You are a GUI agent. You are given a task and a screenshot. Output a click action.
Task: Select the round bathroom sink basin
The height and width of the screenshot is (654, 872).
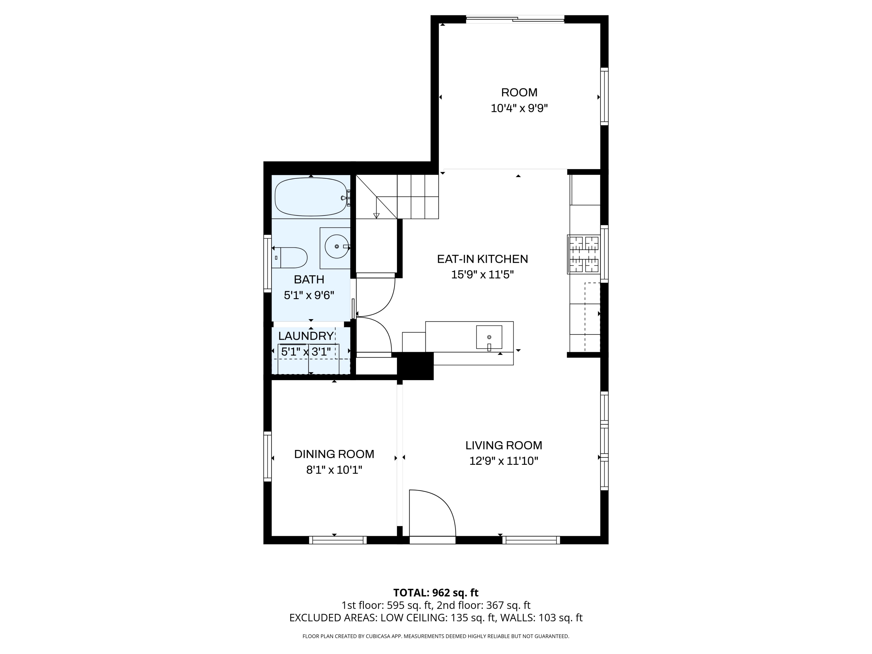click(x=337, y=246)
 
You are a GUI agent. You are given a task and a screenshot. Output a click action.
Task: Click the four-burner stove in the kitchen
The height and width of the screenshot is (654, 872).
click(x=583, y=254)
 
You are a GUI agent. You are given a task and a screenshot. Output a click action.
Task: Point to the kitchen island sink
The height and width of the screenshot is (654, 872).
click(x=489, y=337)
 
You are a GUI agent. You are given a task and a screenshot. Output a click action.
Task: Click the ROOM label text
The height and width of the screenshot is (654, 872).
click(x=519, y=92)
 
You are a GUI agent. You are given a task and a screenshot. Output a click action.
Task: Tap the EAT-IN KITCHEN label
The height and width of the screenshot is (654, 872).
click(x=482, y=259)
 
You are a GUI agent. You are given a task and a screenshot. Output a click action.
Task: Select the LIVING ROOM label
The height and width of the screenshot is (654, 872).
click(x=504, y=446)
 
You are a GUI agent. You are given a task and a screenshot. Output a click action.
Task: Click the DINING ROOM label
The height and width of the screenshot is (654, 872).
click(x=334, y=454)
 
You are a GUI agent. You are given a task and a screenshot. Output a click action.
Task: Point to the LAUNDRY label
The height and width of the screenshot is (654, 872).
click(x=306, y=336)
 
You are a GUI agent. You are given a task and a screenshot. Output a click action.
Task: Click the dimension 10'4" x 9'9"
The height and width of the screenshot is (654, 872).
click(x=519, y=108)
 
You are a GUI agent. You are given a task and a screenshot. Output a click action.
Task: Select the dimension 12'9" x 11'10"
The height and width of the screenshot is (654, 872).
click(x=504, y=461)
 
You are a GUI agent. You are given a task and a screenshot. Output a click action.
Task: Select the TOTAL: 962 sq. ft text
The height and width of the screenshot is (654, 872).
click(x=436, y=592)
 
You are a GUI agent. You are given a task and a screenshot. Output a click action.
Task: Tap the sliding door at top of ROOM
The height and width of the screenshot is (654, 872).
click(x=515, y=19)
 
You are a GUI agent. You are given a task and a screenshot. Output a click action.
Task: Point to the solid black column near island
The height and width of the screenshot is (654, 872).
click(x=415, y=366)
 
